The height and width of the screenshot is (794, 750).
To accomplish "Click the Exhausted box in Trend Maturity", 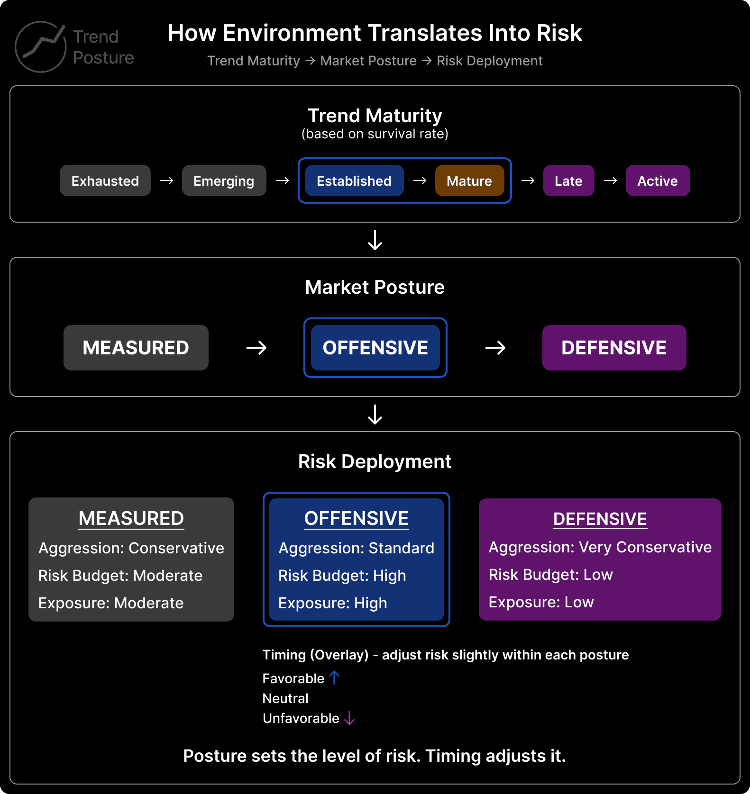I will pos(105,180).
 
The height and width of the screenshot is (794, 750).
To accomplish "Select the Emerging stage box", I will pos(224,180).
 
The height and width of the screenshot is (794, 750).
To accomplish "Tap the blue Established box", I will pos(354,180).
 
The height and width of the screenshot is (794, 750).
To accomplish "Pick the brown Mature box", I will pos(469,180).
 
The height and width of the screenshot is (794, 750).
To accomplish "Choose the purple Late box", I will pos(568,180).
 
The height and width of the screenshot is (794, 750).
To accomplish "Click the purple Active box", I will pos(658,180).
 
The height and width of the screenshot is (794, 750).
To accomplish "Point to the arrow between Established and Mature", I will pos(420,180).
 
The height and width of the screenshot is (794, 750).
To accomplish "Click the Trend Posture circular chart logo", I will pos(41,47).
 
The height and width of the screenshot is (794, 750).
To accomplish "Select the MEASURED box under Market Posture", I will pos(136,348).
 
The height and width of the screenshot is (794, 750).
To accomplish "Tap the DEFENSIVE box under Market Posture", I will pos(614,348).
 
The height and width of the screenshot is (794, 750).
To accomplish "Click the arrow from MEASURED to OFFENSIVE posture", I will pos(256,348).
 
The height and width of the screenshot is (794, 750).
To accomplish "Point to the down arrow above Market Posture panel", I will pos(375,240).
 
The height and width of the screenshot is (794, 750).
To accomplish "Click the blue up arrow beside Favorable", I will pos(335,677).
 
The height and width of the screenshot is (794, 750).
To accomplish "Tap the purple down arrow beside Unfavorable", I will pos(349,718).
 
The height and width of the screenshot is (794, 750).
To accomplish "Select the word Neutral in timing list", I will pos(285,698).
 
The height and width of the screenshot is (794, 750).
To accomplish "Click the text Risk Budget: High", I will pos(342,576).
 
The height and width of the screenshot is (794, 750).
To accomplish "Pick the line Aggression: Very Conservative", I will pos(600,547).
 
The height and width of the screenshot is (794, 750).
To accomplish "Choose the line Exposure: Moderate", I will pos(110,603).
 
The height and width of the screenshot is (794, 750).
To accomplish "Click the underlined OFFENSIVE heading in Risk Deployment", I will pos(356,518).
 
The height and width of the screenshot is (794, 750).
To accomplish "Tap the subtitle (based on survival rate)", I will pos(375,134).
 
